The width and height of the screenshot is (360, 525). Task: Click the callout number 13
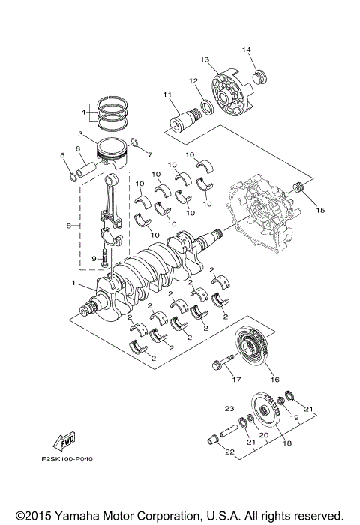(x=203, y=58)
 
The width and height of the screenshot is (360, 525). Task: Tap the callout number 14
(x=245, y=49)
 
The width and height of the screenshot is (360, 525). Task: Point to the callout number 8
(x=68, y=224)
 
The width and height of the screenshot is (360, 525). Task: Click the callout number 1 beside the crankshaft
(x=73, y=283)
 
